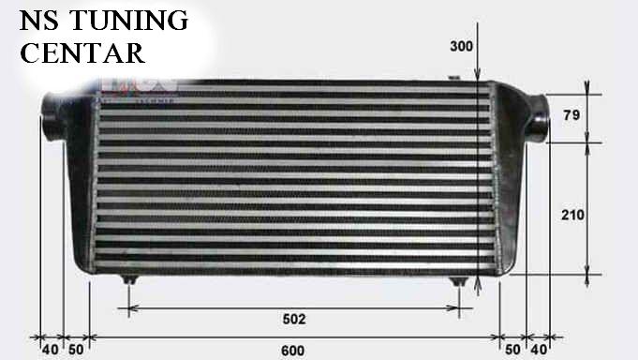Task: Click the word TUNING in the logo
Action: [128, 21]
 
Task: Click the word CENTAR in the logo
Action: [82, 52]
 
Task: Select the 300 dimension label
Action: [462, 46]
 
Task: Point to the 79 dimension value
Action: [571, 115]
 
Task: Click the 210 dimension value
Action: [573, 215]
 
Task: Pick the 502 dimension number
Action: [294, 319]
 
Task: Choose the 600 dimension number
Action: [292, 351]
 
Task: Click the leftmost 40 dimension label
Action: [51, 350]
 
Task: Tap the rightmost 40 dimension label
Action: [539, 350]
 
